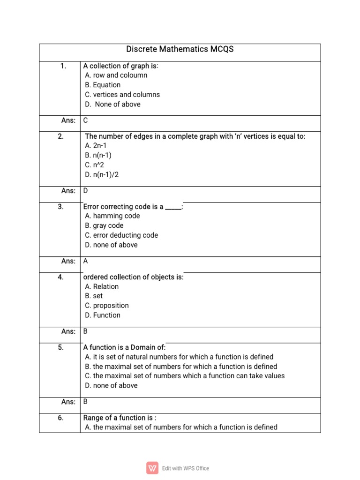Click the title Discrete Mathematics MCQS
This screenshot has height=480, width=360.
tap(180, 49)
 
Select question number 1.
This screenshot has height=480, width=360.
tap(63, 66)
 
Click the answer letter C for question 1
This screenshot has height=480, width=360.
tap(86, 120)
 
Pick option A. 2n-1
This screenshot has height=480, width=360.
tap(96, 146)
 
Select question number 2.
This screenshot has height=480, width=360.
tap(61, 136)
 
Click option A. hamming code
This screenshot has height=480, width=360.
tap(112, 216)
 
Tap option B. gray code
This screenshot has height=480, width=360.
tap(104, 225)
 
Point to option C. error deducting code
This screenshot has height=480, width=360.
tap(121, 235)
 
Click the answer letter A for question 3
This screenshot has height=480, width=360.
tap(86, 261)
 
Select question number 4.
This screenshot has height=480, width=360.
tap(61, 277)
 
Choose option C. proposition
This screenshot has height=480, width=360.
tap(107, 306)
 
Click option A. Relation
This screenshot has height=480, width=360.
tap(102, 286)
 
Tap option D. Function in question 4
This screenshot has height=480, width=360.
tap(103, 315)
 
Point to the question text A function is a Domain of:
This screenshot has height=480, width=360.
tap(124, 347)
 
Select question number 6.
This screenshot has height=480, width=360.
tap(61, 418)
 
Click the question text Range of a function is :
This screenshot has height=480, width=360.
tap(120, 418)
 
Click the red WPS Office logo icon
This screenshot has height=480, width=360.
tap(152, 468)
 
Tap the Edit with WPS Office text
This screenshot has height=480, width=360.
tap(186, 468)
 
